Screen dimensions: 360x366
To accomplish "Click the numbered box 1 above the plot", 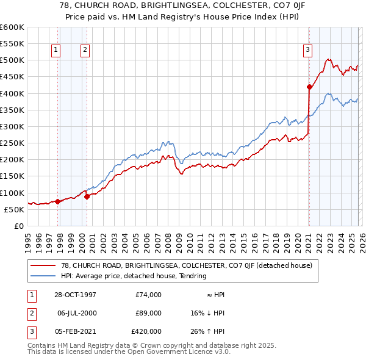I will [56, 50].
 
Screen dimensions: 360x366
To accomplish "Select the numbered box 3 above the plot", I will [308, 50].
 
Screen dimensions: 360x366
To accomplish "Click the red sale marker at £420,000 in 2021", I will [309, 87].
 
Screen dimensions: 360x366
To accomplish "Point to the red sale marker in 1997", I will [57, 201].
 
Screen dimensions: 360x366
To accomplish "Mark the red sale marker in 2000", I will [87, 196].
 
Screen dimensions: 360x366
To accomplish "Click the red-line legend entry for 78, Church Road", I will [187, 265].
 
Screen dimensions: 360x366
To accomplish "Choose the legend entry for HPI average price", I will [134, 276].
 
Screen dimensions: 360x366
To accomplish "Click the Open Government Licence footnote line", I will [129, 352].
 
